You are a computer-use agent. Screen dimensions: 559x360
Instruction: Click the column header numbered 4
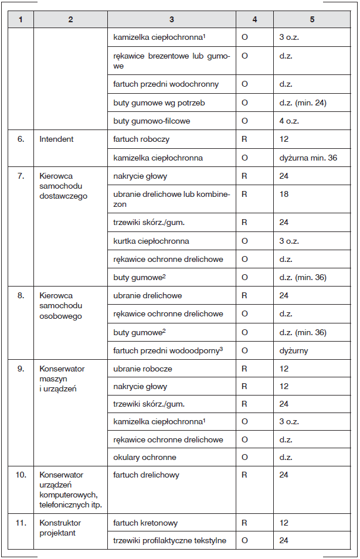254,19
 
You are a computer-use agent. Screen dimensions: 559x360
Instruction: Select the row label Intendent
56,140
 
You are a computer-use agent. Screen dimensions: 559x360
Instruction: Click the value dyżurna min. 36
308,158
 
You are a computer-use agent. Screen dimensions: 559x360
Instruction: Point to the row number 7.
21,176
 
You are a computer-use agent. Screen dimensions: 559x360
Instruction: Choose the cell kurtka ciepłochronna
151,241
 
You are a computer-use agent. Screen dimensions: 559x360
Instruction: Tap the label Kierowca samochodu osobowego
61,306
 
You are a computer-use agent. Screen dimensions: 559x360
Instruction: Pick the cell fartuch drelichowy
146,475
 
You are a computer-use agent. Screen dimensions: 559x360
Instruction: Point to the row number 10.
21,475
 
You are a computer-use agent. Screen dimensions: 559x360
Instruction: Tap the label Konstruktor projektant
60,527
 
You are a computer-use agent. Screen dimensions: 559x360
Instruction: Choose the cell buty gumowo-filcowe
151,121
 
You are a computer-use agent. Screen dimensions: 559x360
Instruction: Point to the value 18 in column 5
284,193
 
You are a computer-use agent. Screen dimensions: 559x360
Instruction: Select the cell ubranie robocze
142,369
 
